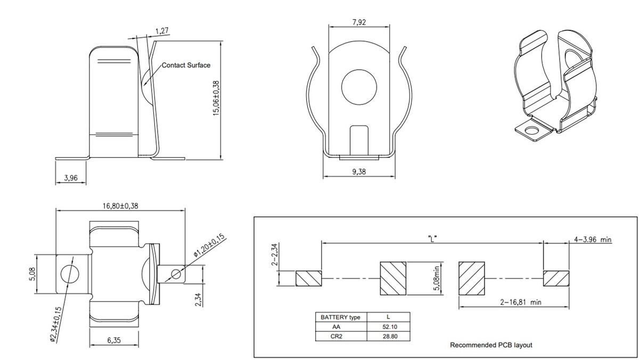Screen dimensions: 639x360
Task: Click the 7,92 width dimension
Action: [359, 22]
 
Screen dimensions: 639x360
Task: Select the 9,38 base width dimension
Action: [358, 171]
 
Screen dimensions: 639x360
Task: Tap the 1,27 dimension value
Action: [162, 31]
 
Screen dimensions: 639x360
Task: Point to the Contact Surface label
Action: [186, 66]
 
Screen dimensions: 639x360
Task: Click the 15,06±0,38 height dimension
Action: [216, 98]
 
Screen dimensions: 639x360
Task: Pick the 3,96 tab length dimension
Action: [71, 178]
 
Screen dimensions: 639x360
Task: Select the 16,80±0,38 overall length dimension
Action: [120, 206]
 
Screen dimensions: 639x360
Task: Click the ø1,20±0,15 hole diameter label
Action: [209, 246]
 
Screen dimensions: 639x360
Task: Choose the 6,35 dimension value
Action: [114, 340]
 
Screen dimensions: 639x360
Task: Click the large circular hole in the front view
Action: [359, 87]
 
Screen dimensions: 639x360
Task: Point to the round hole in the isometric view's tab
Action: [530, 131]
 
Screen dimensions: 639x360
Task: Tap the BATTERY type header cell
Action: [341, 317]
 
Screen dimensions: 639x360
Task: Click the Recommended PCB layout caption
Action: [491, 345]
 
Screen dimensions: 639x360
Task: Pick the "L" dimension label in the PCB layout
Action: [432, 239]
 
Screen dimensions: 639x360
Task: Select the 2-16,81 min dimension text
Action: [521, 302]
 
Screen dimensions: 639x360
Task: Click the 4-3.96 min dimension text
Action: [593, 240]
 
